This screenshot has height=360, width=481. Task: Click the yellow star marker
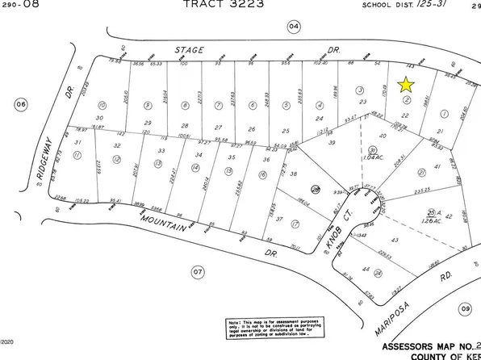coord(406,84)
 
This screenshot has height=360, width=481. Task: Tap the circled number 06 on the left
coord(22,103)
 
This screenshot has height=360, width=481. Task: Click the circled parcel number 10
coord(102,105)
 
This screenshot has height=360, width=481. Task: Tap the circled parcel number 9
coord(147,105)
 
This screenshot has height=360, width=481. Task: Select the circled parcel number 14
coord(194,168)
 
